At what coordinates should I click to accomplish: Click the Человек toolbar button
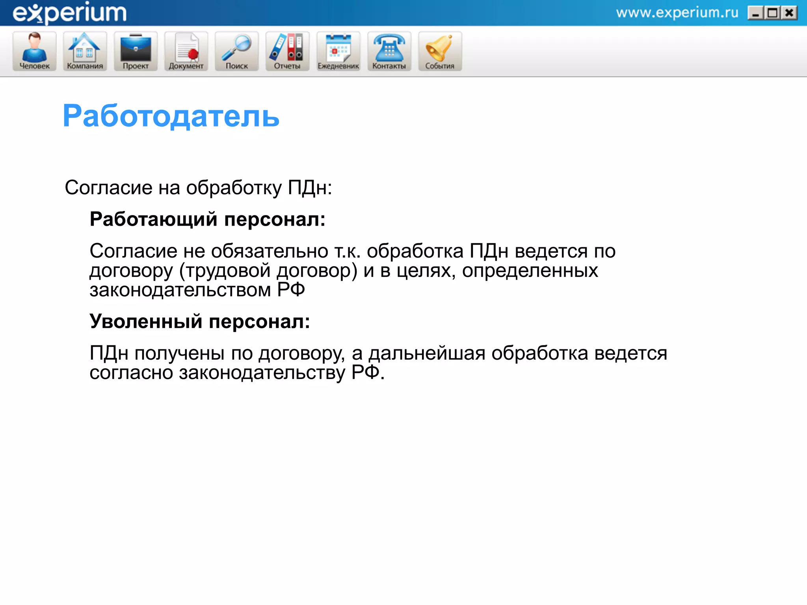point(35,51)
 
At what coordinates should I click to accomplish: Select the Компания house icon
point(85,51)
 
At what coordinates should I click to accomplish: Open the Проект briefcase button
point(136,51)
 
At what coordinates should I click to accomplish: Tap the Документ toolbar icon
point(186,51)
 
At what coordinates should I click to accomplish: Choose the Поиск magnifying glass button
point(236,51)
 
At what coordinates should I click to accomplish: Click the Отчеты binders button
point(287,51)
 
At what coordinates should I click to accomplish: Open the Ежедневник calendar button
point(338,51)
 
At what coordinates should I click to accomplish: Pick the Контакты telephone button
point(389,51)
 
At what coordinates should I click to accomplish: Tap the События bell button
point(440,51)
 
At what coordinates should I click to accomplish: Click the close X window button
point(789,13)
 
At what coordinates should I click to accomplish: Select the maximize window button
point(772,13)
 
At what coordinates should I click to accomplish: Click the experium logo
point(70,13)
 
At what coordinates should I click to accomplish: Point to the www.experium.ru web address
point(677,13)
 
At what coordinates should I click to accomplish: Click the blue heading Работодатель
point(171,116)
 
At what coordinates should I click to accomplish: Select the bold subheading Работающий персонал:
point(208,219)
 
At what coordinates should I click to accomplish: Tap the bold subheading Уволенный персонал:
point(200,321)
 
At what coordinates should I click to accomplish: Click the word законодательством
point(180,290)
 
